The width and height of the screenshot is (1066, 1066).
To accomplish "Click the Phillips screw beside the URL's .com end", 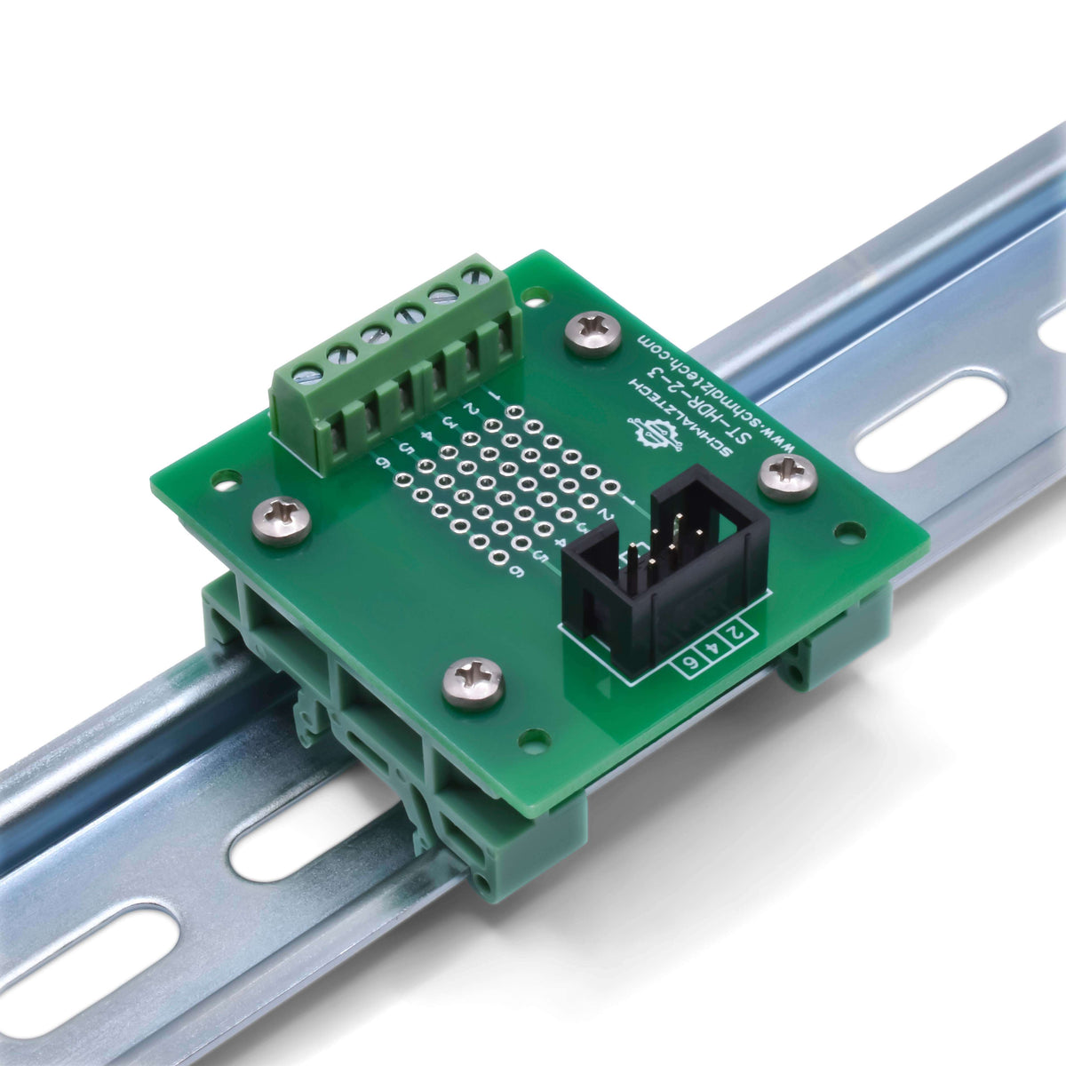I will [593, 334].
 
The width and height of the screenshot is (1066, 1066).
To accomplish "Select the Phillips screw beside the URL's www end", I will [788, 478].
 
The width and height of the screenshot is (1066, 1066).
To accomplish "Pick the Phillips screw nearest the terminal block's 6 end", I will [282, 520].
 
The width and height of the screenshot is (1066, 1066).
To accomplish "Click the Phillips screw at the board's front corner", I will [473, 682].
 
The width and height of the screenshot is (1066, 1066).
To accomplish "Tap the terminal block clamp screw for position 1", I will [477, 273].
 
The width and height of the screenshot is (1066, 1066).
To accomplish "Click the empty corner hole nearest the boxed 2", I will [850, 533].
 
